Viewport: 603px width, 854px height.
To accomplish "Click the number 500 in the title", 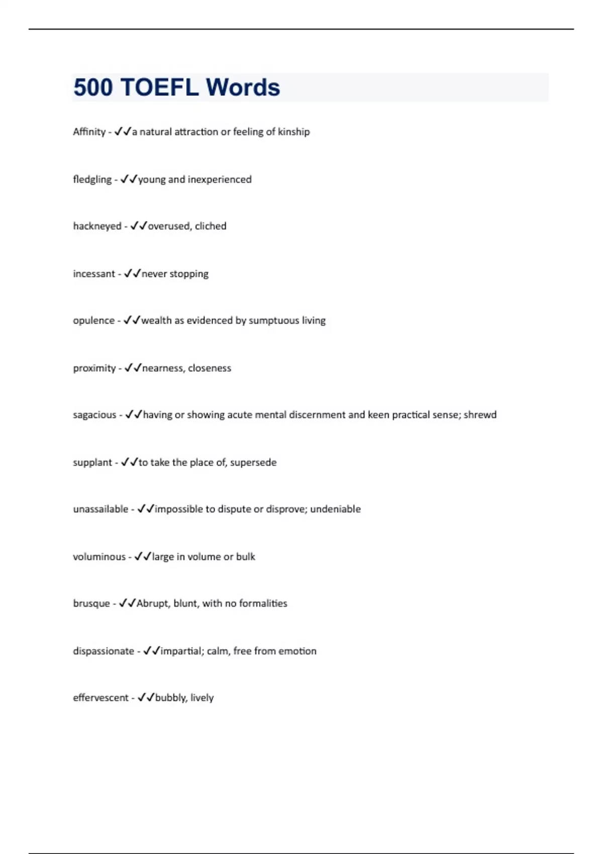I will pos(93,87).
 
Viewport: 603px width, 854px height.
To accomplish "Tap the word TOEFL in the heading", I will pos(159,87).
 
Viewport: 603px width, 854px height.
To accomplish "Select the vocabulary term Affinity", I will pos(89,132).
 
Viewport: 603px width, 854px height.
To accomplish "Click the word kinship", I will pos(293,132).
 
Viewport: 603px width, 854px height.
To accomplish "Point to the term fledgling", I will pos(92,179).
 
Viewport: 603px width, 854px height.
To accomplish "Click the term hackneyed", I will pos(97,226).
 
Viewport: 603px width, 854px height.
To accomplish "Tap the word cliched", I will pos(211,226).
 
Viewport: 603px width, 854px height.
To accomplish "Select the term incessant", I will pos(94,274).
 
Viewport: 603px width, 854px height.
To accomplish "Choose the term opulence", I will pos(93,321).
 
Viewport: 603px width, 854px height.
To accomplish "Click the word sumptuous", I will pos(274,321).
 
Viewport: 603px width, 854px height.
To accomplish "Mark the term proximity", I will pos(94,368).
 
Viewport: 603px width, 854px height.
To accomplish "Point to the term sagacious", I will pos(94,415).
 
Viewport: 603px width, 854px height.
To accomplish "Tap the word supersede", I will pos(253,462).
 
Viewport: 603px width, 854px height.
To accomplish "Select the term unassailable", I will pos(100,509).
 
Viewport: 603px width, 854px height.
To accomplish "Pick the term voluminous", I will pos(99,557).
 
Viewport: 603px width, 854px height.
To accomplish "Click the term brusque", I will pos(91,603).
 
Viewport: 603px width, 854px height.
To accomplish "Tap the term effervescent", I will pos(100,698).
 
